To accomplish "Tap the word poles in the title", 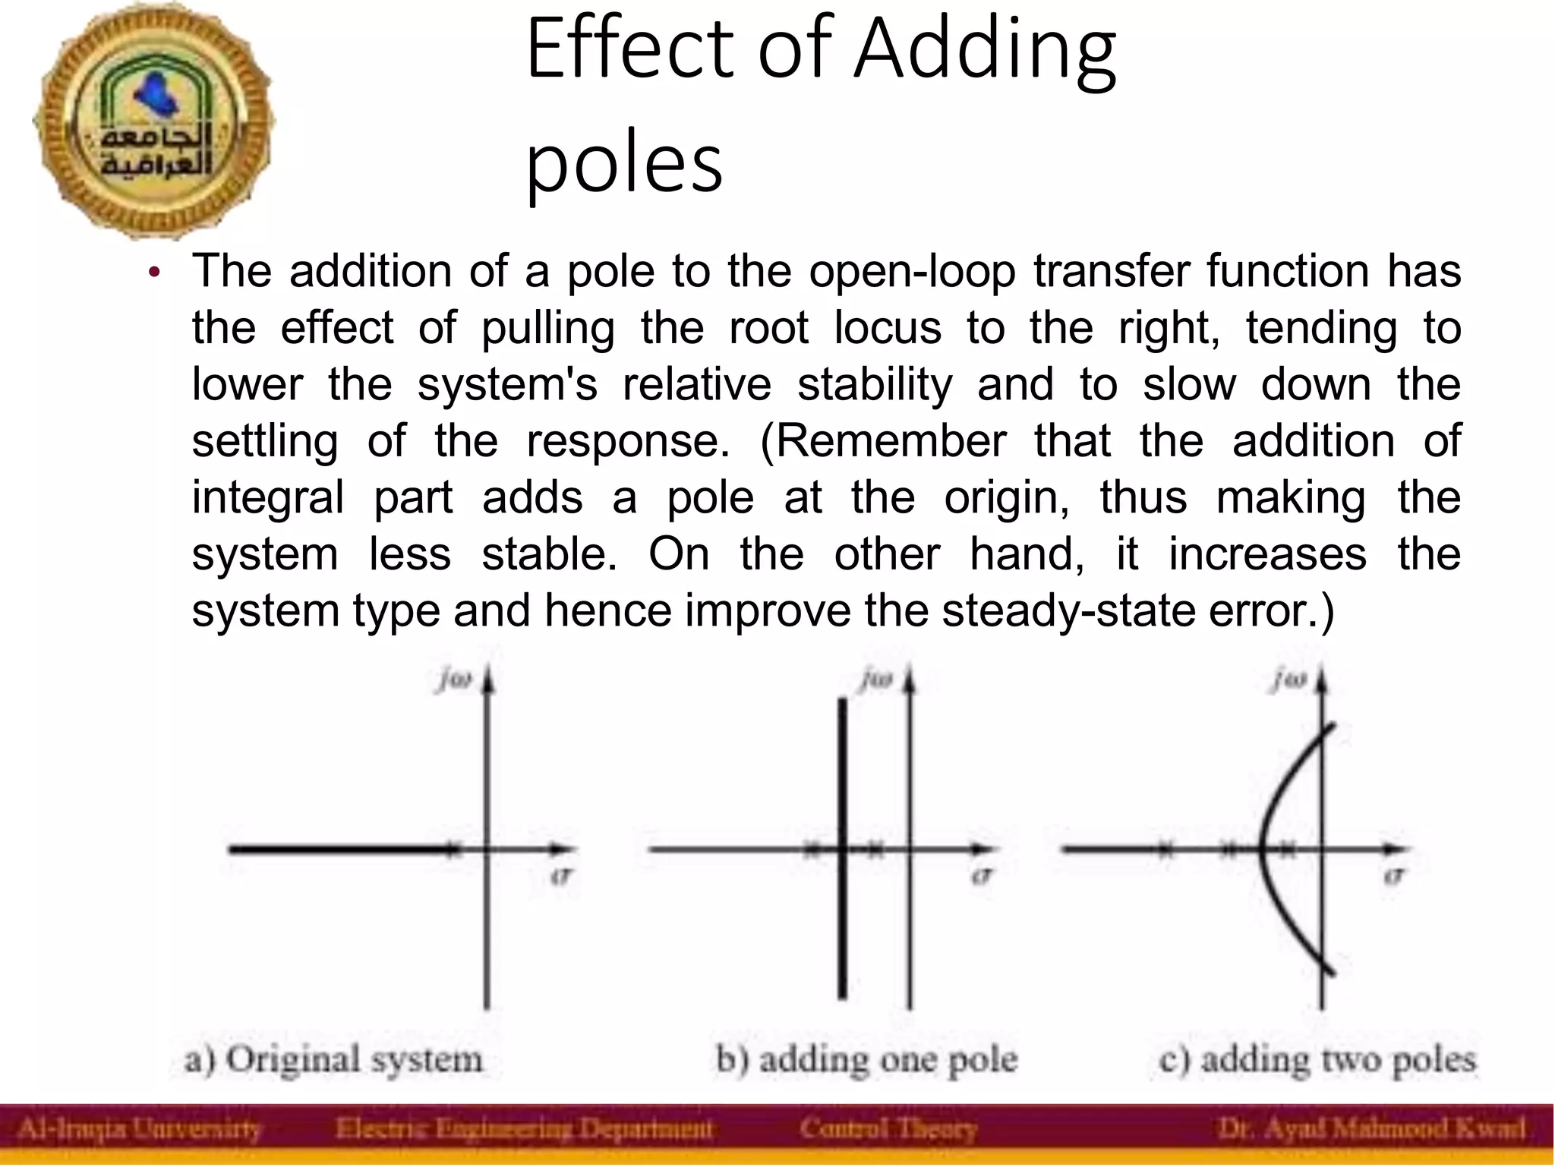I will click(624, 162).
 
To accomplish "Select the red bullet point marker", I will click(155, 273).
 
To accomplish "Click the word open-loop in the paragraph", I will click(912, 271).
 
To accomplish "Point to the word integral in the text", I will click(268, 498).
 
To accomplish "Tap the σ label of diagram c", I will click(1393, 875).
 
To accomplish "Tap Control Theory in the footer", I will click(888, 1129).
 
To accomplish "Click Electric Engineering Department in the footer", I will click(524, 1129).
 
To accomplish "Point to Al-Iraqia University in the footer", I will click(139, 1129).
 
